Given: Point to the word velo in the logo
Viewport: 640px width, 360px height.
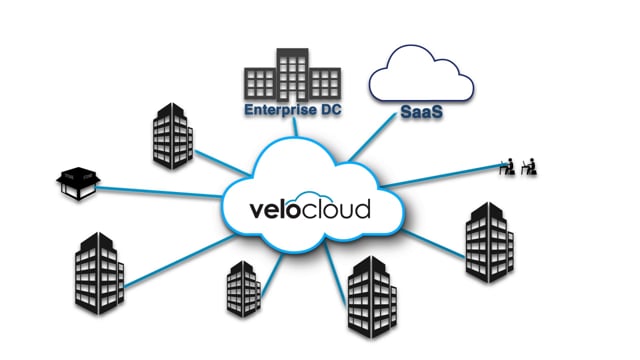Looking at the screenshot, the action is pos(274,210).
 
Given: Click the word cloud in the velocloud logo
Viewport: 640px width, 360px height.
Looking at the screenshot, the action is pos(333,210).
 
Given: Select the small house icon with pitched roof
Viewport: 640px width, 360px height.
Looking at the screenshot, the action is pos(77,180).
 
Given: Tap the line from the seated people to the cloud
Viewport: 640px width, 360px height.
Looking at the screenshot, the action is pos(440,176).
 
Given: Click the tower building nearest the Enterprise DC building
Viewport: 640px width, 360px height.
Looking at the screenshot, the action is pos(172,133).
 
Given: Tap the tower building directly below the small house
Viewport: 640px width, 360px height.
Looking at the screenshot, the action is pos(98,274).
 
